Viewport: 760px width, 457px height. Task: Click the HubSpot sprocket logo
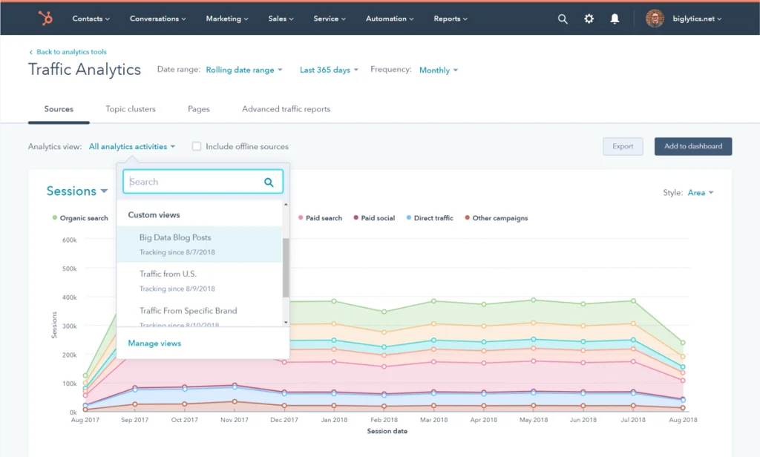pyautogui.click(x=45, y=19)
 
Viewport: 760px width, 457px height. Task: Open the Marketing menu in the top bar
pyautogui.click(x=227, y=19)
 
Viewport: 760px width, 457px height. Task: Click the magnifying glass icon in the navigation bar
pyautogui.click(x=563, y=19)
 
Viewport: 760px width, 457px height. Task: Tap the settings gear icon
pyautogui.click(x=589, y=19)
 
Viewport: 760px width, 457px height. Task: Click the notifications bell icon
pyautogui.click(x=615, y=19)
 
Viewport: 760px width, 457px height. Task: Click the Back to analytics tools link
pyautogui.click(x=71, y=52)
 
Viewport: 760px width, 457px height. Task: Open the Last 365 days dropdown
pyautogui.click(x=329, y=70)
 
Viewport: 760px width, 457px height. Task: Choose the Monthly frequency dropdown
pyautogui.click(x=438, y=70)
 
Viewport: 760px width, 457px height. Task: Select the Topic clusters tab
pyautogui.click(x=131, y=109)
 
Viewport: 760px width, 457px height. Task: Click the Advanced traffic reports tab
pyautogui.click(x=286, y=109)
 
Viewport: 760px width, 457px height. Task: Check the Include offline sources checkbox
pyautogui.click(x=197, y=147)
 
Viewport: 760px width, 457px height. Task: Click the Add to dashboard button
pyautogui.click(x=692, y=146)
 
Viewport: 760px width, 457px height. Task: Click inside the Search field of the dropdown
pyautogui.click(x=194, y=182)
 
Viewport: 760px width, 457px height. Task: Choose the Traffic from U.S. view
pyautogui.click(x=168, y=274)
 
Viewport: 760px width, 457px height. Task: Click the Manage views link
pyautogui.click(x=154, y=343)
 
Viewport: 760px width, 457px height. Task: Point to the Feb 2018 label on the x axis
pyautogui.click(x=384, y=420)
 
